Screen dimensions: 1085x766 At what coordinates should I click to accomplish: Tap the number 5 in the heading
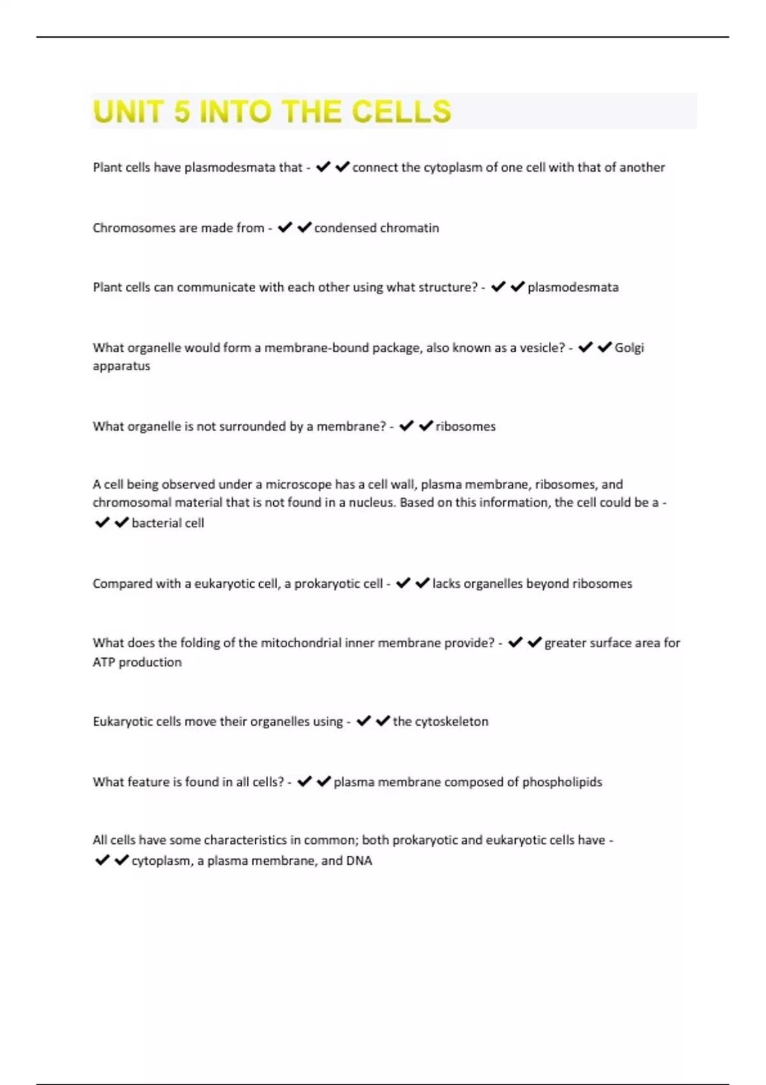pyautogui.click(x=182, y=112)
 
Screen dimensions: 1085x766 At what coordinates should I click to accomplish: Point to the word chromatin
pyautogui.click(x=410, y=228)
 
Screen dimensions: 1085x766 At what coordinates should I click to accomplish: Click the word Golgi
pyautogui.click(x=629, y=348)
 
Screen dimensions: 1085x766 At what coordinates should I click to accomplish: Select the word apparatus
pyautogui.click(x=121, y=366)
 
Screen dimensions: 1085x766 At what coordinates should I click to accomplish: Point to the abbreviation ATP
pyautogui.click(x=104, y=662)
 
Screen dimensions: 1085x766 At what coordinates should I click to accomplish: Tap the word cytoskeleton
pyautogui.click(x=451, y=722)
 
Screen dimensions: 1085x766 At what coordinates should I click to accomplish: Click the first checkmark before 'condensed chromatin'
pyautogui.click(x=285, y=227)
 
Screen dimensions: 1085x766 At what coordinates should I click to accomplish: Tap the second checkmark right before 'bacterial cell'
pyautogui.click(x=121, y=523)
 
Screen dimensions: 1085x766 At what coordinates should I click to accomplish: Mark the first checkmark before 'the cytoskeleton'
pyautogui.click(x=363, y=721)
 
